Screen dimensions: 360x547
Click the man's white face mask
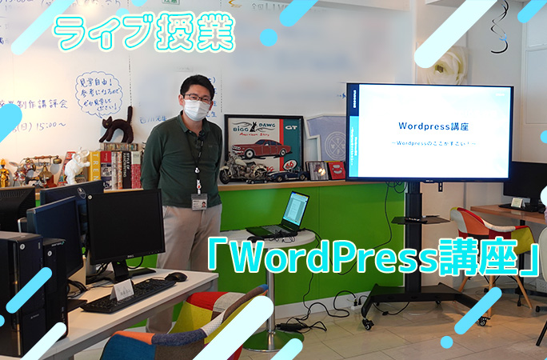click(196, 110)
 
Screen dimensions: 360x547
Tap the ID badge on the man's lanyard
click(199, 202)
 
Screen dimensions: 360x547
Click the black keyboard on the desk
click(128, 295)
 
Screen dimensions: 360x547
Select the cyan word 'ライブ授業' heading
click(144, 34)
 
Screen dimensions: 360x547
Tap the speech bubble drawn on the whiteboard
click(98, 94)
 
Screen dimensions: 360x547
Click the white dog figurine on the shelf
click(77, 166)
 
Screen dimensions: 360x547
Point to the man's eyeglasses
click(196, 98)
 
